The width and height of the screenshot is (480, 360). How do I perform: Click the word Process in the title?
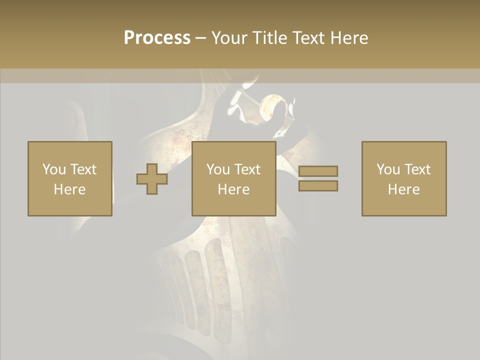[157, 38]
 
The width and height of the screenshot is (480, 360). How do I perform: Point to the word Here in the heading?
[349, 38]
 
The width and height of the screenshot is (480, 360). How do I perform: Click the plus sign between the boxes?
[152, 179]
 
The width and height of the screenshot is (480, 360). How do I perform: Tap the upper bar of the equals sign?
[318, 171]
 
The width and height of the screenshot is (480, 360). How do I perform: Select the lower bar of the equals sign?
[318, 185]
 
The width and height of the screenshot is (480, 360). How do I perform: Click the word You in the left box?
[54, 169]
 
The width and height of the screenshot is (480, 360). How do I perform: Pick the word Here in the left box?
[69, 189]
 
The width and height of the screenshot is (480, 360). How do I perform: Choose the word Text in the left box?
[82, 169]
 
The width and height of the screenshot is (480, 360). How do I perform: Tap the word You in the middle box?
[218, 169]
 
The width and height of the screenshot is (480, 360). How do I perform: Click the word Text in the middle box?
[247, 169]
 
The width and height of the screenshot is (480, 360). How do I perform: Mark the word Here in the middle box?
[233, 189]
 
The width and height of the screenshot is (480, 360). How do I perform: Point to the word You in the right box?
[388, 169]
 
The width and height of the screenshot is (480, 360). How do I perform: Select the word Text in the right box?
[417, 169]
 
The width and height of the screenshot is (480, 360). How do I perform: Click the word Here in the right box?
[403, 189]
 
